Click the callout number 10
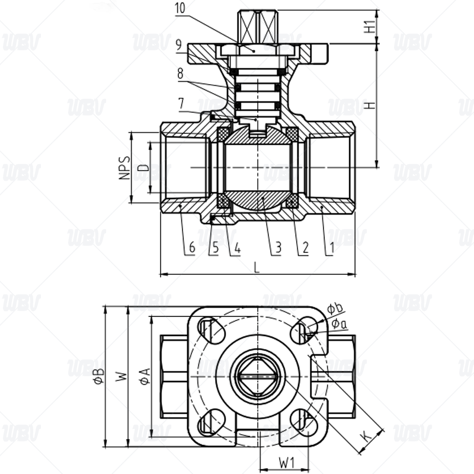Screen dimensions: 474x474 pos(180,8)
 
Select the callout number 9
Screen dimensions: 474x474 pos(179,45)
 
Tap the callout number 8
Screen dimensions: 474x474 pos(180,73)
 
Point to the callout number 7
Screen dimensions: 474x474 pos(181,104)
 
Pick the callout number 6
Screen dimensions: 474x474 pos(192,247)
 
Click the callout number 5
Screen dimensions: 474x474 pos(216,247)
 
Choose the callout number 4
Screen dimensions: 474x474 pos(238,248)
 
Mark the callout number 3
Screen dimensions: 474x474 pos(278,247)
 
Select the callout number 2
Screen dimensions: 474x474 pos(305,247)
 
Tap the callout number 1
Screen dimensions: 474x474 pos(332,248)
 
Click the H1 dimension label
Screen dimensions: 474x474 pos(370,27)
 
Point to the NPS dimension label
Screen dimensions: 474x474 pos(124,168)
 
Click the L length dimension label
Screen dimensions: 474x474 pos(257,268)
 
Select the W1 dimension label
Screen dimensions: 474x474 pos(287,463)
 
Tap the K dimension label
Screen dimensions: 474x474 pos(366,437)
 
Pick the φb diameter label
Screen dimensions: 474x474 pos(335,308)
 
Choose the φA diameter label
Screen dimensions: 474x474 pos(145,376)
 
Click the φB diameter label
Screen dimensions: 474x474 pos(98,376)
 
